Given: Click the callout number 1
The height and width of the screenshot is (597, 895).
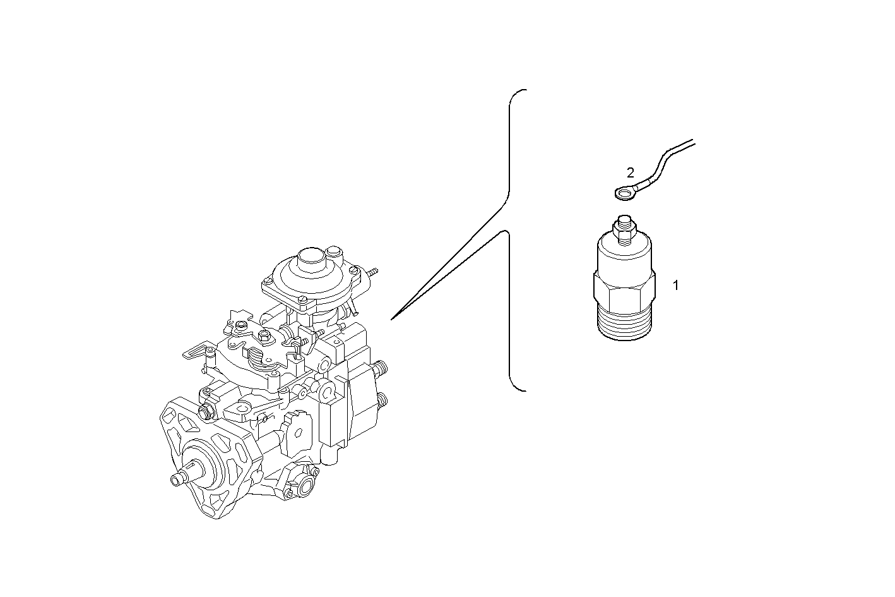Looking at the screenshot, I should [x=675, y=286].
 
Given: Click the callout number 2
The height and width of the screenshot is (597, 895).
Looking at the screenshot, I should [x=630, y=172].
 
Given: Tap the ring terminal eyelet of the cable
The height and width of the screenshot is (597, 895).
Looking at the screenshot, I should [x=624, y=193].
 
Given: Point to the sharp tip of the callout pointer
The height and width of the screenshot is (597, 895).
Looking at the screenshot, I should [x=392, y=319].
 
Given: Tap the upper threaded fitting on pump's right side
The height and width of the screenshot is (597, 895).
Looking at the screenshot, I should [x=381, y=368].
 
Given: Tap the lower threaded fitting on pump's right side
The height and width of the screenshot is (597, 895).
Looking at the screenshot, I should [x=382, y=401].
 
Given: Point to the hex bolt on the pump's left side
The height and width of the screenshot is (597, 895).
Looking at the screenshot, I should [x=205, y=412].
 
